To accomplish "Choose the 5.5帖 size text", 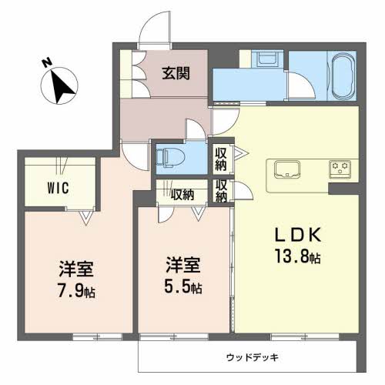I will (183, 289).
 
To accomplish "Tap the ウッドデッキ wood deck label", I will (252, 357).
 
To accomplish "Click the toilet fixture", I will (168, 158).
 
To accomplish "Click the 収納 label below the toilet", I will (182, 193).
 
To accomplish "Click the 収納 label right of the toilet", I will (220, 158).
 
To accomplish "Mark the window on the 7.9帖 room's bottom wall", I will (97, 336).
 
